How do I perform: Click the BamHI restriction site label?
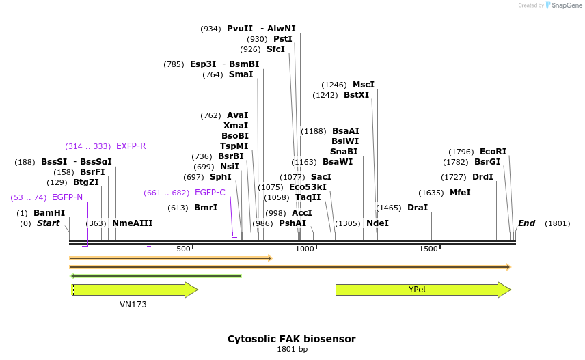click(49, 213)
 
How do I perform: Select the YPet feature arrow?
click(422, 290)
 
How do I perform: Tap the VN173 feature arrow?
click(134, 290)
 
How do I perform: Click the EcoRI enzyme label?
click(493, 152)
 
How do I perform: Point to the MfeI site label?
click(460, 193)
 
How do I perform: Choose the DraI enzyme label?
click(417, 208)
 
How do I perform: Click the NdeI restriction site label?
click(377, 223)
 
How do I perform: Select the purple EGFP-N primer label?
click(67, 197)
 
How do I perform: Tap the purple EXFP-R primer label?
click(131, 146)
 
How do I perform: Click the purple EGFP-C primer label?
click(210, 193)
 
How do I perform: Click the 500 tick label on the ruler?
click(183, 249)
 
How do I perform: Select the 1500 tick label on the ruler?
click(428, 249)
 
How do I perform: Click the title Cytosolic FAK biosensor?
click(291, 339)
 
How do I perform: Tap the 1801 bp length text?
click(292, 350)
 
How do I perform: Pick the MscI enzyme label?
click(363, 85)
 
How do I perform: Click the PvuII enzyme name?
click(240, 29)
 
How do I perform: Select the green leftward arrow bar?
click(156, 276)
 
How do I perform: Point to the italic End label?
click(526, 223)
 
